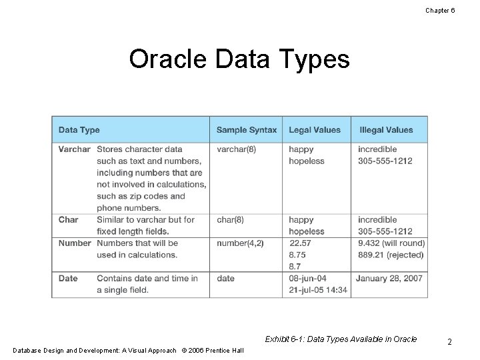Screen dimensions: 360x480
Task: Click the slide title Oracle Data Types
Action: coord(239,60)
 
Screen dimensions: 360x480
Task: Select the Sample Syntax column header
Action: coord(246,130)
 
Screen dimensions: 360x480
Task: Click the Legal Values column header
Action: coord(314,130)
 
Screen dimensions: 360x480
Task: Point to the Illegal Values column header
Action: coord(386,130)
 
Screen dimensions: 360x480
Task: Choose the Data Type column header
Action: coord(79,130)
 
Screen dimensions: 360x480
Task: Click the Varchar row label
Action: coord(74,149)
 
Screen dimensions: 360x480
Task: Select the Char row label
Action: coord(68,219)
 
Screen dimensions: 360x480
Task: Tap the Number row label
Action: coord(75,243)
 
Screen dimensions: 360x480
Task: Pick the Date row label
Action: coord(68,278)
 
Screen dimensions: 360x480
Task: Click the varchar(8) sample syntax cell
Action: coord(236,149)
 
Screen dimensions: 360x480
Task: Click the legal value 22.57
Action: coord(301,243)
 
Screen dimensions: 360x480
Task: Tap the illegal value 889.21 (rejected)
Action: coord(390,255)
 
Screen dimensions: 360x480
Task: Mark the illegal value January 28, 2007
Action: coord(390,278)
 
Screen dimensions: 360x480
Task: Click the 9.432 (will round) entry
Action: coord(391,243)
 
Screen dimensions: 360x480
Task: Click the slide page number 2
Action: coord(450,342)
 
